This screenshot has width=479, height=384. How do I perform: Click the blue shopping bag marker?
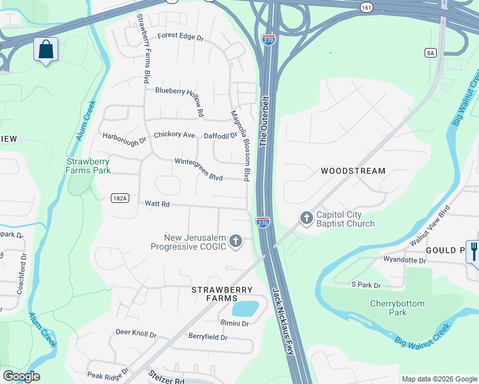pos(46,50)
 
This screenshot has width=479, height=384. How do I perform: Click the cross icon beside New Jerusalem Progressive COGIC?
pos(236,241)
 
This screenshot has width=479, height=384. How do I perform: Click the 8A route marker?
pos(430,53)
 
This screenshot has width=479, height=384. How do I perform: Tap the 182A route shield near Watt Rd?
pos(120,198)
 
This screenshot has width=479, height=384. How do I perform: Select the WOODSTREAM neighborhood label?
pos(353,171)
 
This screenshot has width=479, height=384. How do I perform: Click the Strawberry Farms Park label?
pos(88,166)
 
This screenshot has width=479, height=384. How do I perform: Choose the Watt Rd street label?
pos(157,204)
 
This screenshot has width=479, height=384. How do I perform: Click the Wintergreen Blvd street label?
pos(198,169)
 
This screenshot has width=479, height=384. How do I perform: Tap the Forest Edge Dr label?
pos(180,37)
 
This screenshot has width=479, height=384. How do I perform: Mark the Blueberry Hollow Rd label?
pos(180,97)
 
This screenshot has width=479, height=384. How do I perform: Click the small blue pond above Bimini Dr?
pos(245,308)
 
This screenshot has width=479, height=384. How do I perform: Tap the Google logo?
pos(21,376)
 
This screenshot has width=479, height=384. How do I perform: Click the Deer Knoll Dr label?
pos(136,333)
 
